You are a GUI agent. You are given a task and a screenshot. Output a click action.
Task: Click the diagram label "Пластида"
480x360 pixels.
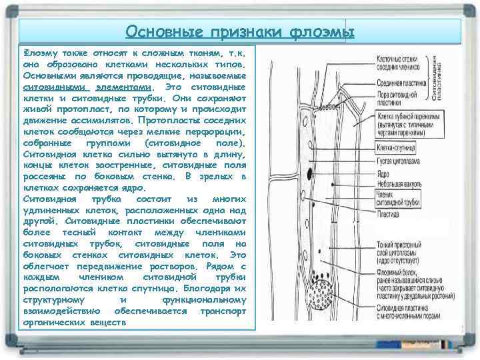click(388, 215)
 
